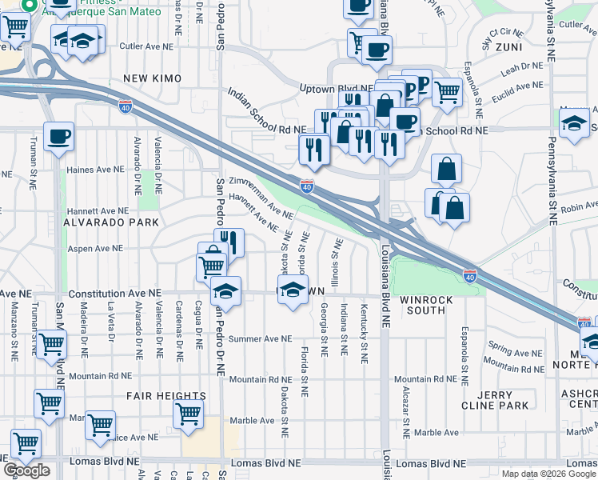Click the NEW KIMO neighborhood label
[153, 78]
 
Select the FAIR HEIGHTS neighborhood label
[165, 396]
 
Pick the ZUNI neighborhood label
[508, 48]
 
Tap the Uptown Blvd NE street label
[336, 88]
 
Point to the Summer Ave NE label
[261, 339]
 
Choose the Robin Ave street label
[579, 207]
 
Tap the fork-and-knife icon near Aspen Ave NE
[229, 242]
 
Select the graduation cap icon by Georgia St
[293, 290]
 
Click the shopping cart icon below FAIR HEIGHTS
[188, 414]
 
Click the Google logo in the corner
[26, 470]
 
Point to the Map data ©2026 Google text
[548, 474]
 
